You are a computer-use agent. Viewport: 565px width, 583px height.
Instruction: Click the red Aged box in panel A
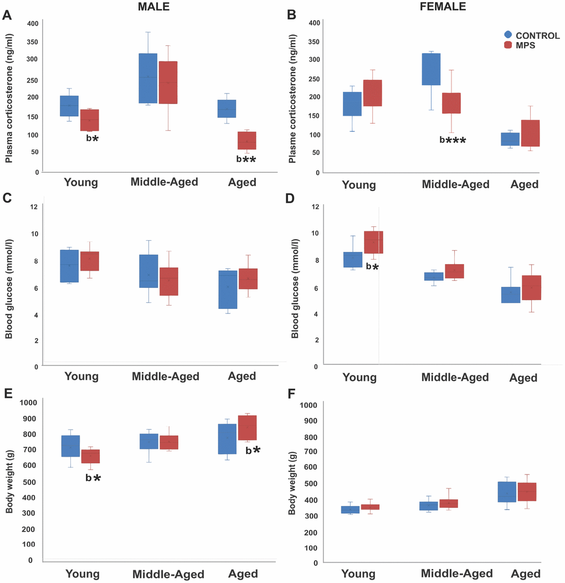pos(247,141)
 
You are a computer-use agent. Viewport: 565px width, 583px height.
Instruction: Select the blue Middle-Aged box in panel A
pos(148,78)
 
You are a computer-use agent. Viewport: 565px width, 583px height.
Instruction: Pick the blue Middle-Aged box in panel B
pos(431,69)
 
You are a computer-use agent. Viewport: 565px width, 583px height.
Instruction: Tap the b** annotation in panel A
pos(246,159)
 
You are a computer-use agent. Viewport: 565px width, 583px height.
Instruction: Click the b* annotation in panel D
pos(372,267)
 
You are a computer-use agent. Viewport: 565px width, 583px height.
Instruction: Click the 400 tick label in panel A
pos(32,23)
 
